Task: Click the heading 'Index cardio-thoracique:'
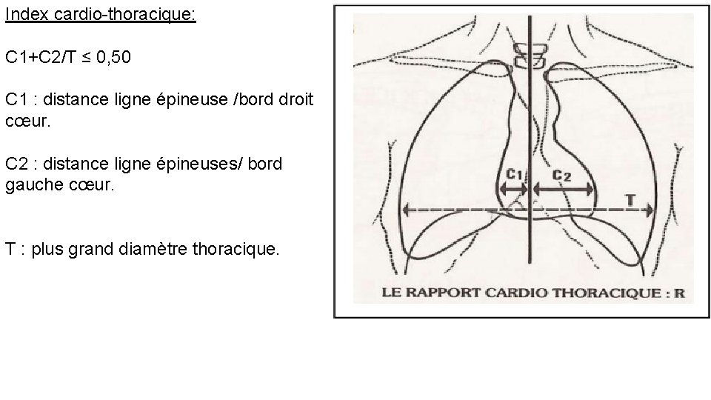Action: (x=100, y=15)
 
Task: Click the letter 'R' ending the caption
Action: (x=679, y=293)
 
